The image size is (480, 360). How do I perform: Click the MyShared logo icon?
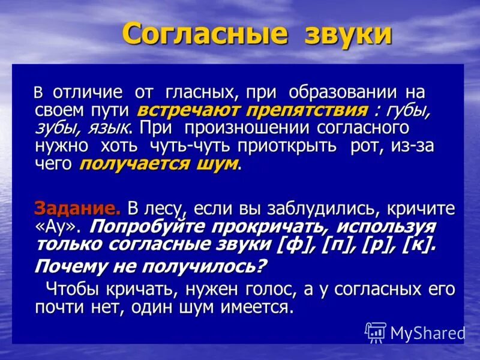point(376,332)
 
